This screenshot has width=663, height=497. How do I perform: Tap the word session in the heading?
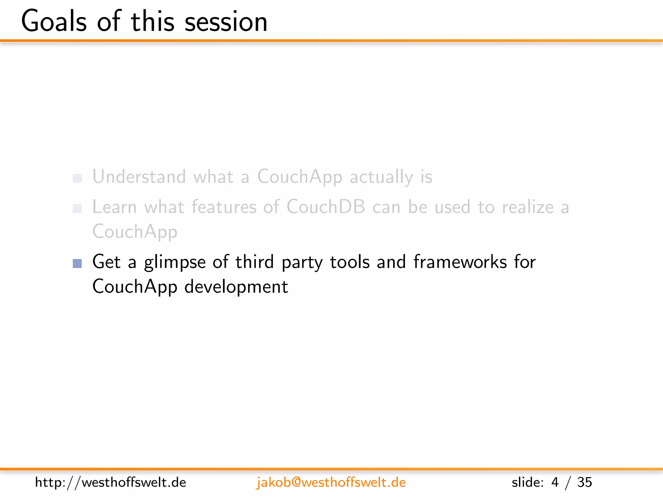[226, 21]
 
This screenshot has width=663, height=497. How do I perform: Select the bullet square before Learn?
[77, 208]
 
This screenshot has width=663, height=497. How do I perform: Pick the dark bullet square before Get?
[77, 263]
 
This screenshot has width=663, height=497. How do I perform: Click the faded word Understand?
[139, 177]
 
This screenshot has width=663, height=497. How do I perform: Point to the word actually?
[381, 177]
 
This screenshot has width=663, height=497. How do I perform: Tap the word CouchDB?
[326, 207]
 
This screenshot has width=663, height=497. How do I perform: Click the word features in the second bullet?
[224, 207]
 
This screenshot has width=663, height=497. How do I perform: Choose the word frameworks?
[460, 262]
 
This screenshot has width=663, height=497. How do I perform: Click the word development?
[236, 287]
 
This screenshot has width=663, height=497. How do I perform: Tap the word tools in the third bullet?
[350, 262]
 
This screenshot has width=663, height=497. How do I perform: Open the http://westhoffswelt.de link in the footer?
[110, 482]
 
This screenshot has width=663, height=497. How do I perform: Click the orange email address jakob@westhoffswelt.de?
[331, 482]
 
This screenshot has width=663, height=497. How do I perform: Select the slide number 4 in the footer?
[555, 482]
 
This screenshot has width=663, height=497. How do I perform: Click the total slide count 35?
[584, 482]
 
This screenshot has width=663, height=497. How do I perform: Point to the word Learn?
[114, 207]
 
